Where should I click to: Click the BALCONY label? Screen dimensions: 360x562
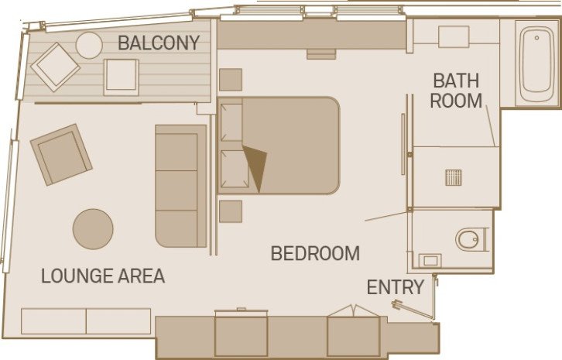pyautogui.click(x=159, y=43)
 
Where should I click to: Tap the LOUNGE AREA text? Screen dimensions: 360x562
pyautogui.click(x=103, y=276)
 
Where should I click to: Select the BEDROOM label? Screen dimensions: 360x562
pyautogui.click(x=315, y=253)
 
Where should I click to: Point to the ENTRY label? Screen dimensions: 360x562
pyautogui.click(x=396, y=287)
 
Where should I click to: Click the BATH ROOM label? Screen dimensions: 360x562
pyautogui.click(x=457, y=90)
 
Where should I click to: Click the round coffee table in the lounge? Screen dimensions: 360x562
pyautogui.click(x=93, y=228)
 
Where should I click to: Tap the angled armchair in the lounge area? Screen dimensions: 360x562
pyautogui.click(x=61, y=154)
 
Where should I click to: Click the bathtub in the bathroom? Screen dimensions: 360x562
pyautogui.click(x=536, y=65)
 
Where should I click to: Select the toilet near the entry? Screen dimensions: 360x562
pyautogui.click(x=471, y=239)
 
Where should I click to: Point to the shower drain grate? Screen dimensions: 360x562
pyautogui.click(x=454, y=177)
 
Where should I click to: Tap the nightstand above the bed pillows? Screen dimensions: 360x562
pyautogui.click(x=231, y=80)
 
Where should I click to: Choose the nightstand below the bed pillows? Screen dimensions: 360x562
pyautogui.click(x=231, y=211)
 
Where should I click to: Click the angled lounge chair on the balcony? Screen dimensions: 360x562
pyautogui.click(x=55, y=67)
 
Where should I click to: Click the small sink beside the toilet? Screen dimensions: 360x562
pyautogui.click(x=431, y=260)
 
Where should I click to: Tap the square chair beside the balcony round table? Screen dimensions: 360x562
pyautogui.click(x=122, y=77)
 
